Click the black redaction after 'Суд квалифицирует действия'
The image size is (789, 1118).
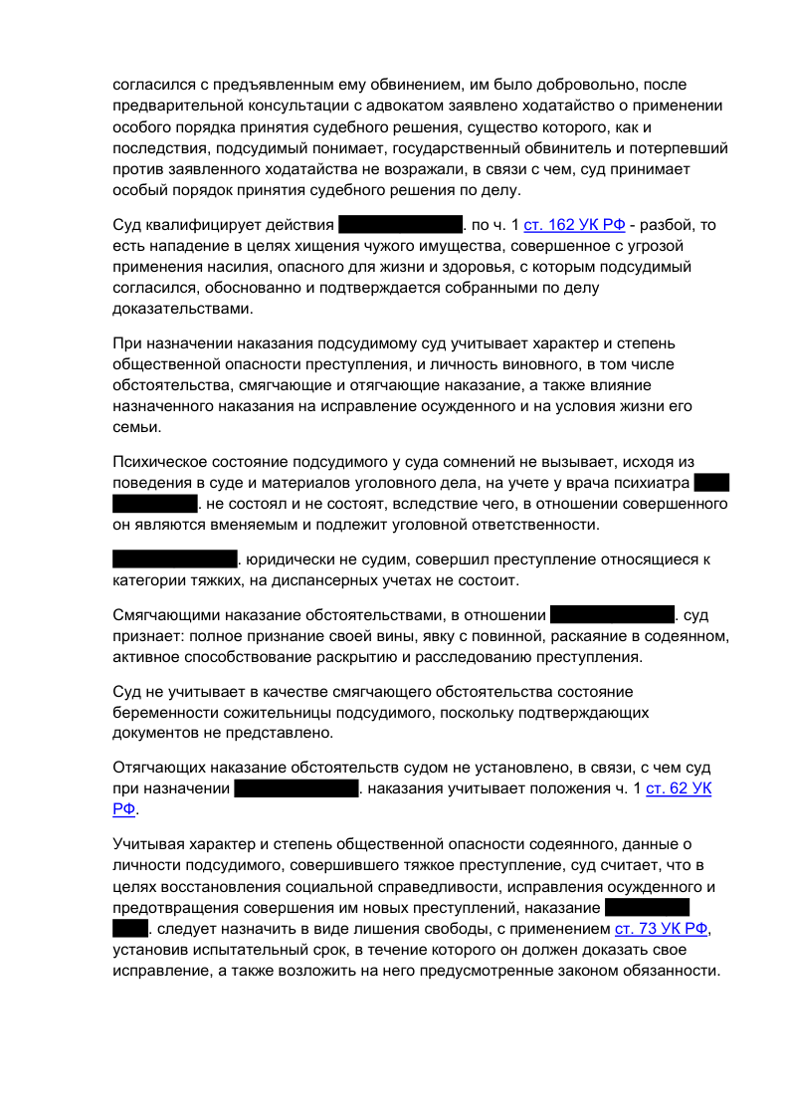(401, 224)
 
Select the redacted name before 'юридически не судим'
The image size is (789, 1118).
(174, 559)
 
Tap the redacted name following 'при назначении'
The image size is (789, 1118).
(296, 789)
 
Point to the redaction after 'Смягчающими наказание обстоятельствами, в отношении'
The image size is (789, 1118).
(612, 614)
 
